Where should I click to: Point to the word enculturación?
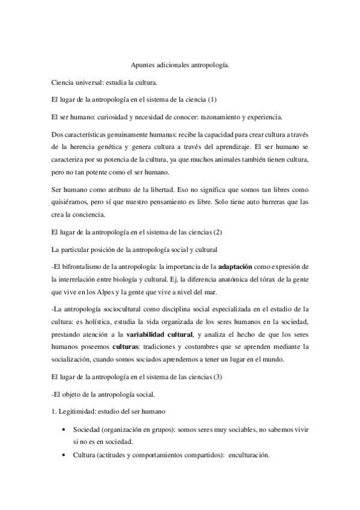coord(249,455)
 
